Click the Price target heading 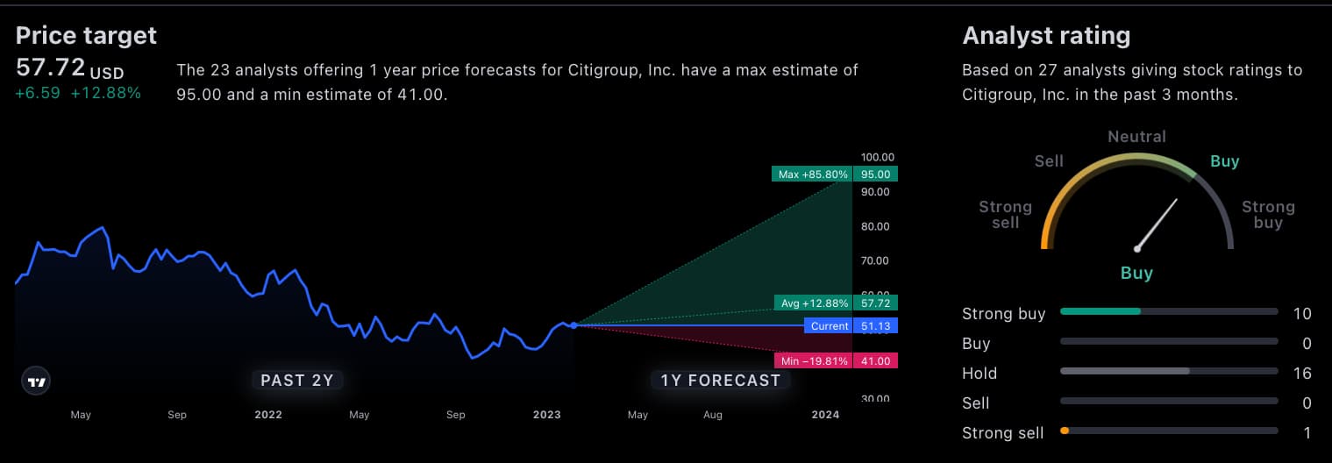click(86, 35)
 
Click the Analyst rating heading click(1046, 35)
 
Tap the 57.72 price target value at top click(51, 68)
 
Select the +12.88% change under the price click(105, 93)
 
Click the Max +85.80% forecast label click(813, 175)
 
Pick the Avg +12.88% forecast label click(815, 303)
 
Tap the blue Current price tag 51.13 click(851, 326)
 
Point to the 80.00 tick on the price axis click(876, 226)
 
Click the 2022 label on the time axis click(268, 415)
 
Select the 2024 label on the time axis click(825, 415)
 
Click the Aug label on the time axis click(713, 415)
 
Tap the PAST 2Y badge click(297, 380)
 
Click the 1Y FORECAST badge click(720, 380)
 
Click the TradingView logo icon click(36, 381)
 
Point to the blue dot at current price click(573, 325)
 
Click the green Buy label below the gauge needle click(1136, 273)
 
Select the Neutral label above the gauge click(1136, 137)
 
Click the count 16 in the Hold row click(1301, 374)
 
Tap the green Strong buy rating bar click(1101, 311)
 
